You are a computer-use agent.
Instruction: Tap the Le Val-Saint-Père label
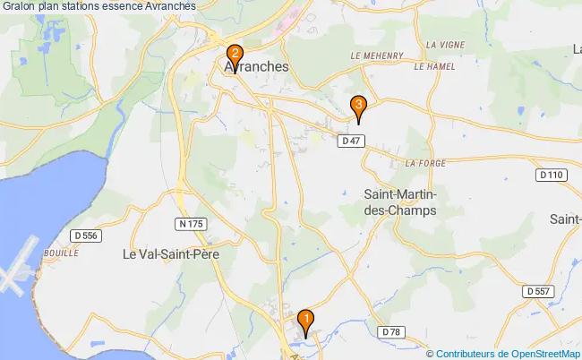click(170, 253)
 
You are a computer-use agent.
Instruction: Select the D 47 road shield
click(350, 141)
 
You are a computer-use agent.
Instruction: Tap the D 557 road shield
click(537, 291)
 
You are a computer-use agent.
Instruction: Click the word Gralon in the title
click(20, 6)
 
